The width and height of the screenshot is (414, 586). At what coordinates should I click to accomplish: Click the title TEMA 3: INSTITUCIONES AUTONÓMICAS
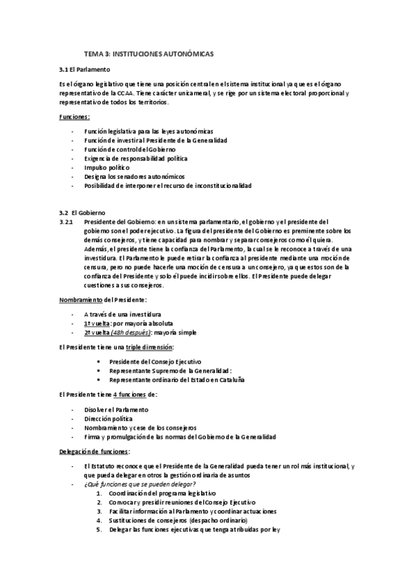click(x=149, y=53)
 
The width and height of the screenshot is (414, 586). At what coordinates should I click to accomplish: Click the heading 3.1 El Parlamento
click(x=85, y=70)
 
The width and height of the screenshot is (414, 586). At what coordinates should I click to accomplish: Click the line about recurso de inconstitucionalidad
click(x=167, y=186)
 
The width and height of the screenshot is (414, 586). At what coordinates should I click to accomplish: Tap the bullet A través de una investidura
click(x=123, y=314)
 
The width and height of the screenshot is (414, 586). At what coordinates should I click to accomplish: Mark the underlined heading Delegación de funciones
click(x=94, y=451)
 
